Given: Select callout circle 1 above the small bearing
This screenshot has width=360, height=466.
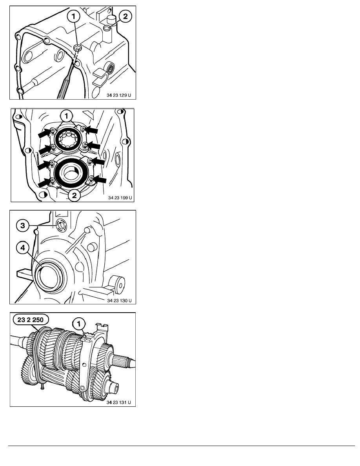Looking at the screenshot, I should (66, 116).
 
